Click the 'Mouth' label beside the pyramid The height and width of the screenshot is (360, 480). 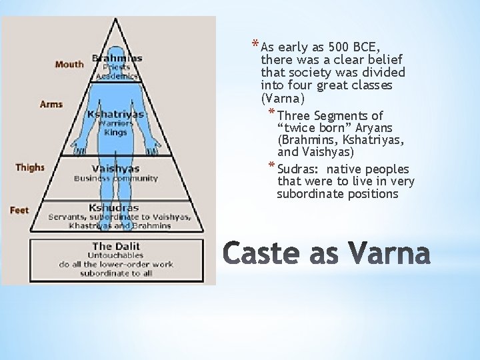[69, 65]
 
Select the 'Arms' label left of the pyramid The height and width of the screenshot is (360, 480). [52, 105]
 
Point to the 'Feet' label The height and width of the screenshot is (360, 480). [19, 211]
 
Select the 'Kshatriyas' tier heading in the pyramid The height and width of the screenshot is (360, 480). [115, 114]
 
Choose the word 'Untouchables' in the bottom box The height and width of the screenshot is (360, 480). [116, 255]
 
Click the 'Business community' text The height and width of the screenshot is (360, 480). [116, 179]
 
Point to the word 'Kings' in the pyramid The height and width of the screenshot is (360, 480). [115, 132]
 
